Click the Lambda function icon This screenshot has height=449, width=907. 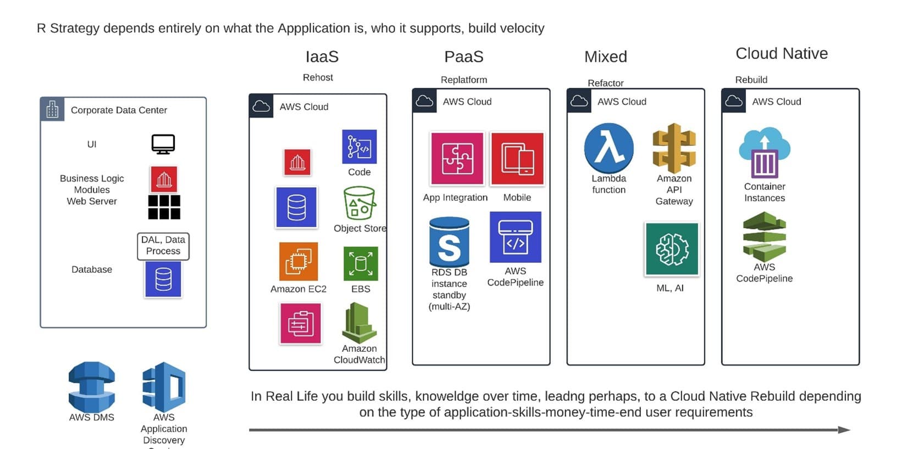coord(609,148)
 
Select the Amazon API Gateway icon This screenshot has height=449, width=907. coord(674,148)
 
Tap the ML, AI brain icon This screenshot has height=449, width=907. coord(672,249)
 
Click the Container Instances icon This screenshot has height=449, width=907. coord(765,153)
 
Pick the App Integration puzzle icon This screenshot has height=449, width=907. coord(457,159)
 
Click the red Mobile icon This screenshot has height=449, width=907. coord(517,159)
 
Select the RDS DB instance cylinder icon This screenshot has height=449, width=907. coord(449,242)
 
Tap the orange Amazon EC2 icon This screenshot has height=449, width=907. coord(298,261)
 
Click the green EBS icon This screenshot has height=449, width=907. coord(361,263)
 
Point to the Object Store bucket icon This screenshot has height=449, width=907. coord(360,203)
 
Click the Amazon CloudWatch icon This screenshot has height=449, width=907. coord(360,323)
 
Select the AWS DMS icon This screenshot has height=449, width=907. coord(92,386)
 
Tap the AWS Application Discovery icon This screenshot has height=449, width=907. coord(164,386)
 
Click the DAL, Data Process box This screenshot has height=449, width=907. coord(163,246)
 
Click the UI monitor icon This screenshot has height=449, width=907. coord(163,144)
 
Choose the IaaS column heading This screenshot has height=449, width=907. coord(322,57)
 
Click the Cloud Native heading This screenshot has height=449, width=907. coord(781,54)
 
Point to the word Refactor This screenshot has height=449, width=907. coord(605,83)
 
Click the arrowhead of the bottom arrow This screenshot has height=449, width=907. coord(844,430)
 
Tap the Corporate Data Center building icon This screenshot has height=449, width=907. coord(52,110)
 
